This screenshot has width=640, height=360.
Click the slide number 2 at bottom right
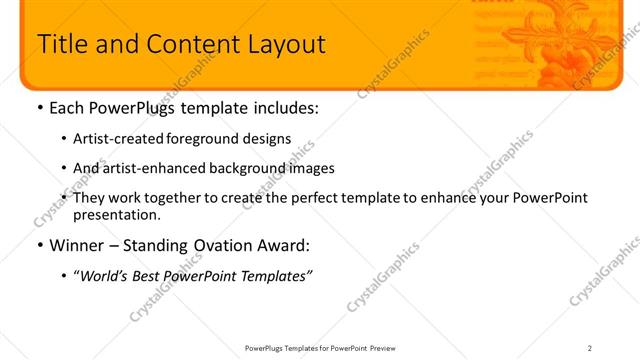[x=590, y=347]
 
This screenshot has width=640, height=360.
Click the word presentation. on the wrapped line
[x=116, y=214]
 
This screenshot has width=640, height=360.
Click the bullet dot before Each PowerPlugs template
[x=38, y=108]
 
